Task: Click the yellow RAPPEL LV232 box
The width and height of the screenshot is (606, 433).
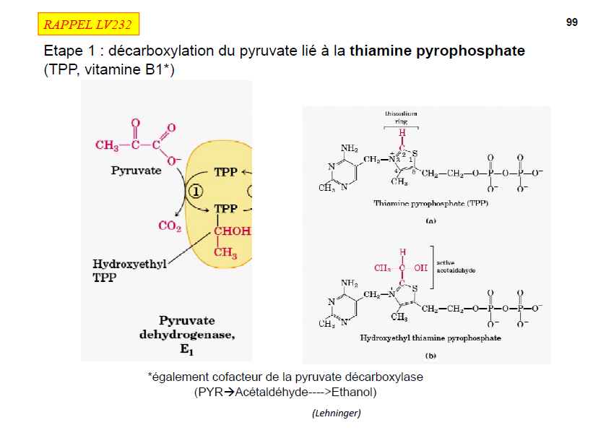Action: click(87, 25)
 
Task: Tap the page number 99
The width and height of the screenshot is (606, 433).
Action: click(572, 22)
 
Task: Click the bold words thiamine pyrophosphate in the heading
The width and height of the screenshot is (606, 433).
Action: click(437, 52)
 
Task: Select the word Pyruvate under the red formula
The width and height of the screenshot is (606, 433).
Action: click(136, 171)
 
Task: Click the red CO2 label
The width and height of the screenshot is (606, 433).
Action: click(168, 226)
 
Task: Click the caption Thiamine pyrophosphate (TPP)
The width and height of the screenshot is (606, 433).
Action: click(430, 204)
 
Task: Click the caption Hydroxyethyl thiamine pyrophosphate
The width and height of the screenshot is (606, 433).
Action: click(430, 338)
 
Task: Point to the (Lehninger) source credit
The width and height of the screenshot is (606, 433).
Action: click(336, 413)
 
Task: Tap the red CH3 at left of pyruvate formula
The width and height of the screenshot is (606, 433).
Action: click(107, 145)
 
